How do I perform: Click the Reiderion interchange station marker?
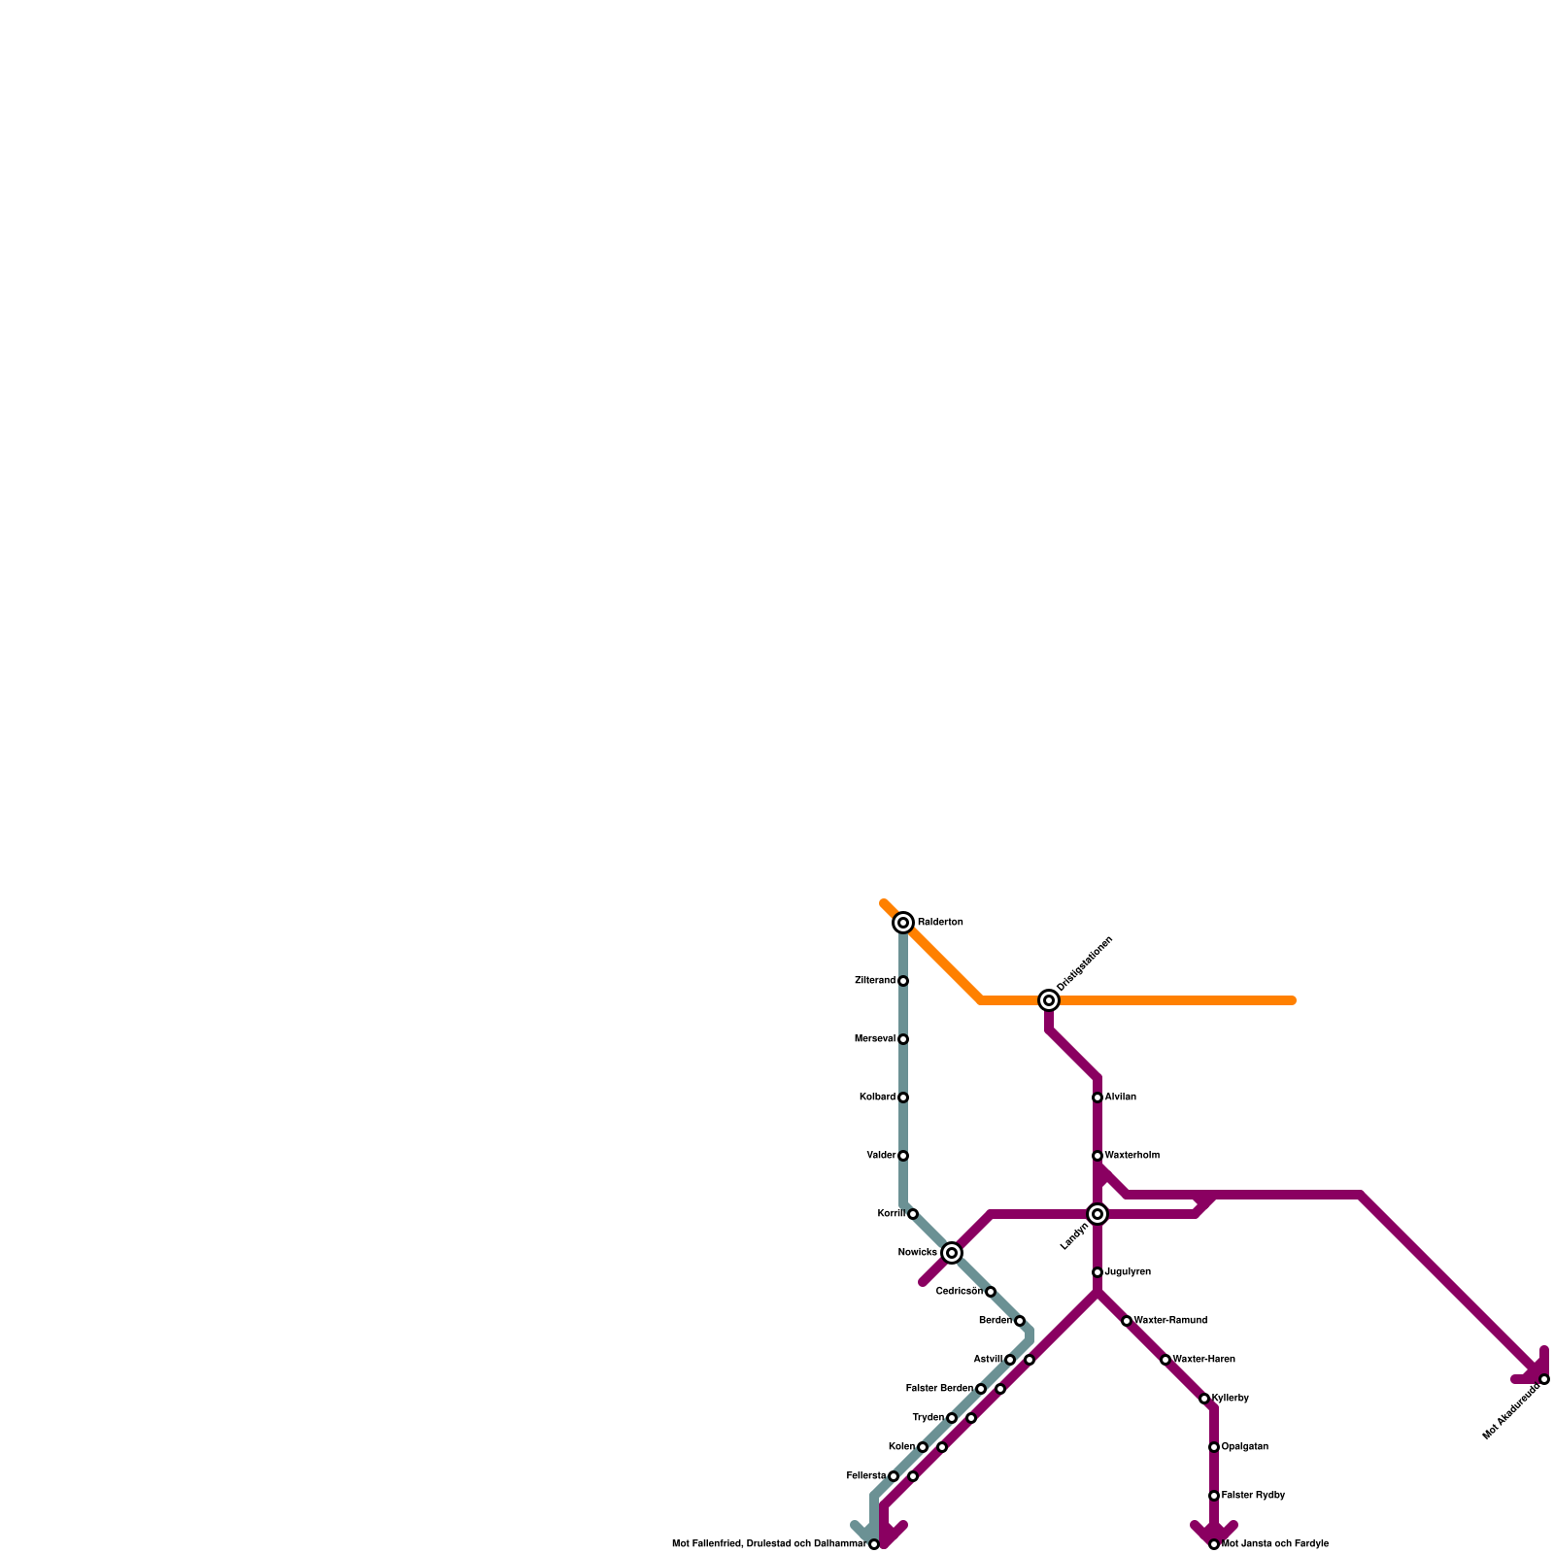(x=903, y=923)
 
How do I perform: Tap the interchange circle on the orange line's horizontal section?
(x=1049, y=1000)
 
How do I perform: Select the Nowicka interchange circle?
(x=952, y=1253)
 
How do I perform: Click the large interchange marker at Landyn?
(x=1098, y=1214)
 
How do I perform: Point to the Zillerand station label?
(x=874, y=981)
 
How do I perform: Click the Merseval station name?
(x=874, y=1039)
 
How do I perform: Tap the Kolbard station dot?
(x=903, y=1098)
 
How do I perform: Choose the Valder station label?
(x=881, y=1156)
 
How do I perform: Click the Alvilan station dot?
(x=1098, y=1098)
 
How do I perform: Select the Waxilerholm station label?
(x=1132, y=1156)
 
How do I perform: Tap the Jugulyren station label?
(x=1128, y=1272)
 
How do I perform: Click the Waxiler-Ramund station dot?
(x=1127, y=1321)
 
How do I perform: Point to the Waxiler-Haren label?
(x=1204, y=1360)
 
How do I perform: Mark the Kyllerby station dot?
(x=1204, y=1399)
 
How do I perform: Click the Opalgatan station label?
(x=1245, y=1447)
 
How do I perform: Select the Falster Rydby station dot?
(x=1214, y=1496)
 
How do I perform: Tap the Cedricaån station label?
(x=959, y=1292)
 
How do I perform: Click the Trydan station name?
(x=928, y=1418)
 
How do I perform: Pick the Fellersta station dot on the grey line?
(x=894, y=1476)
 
